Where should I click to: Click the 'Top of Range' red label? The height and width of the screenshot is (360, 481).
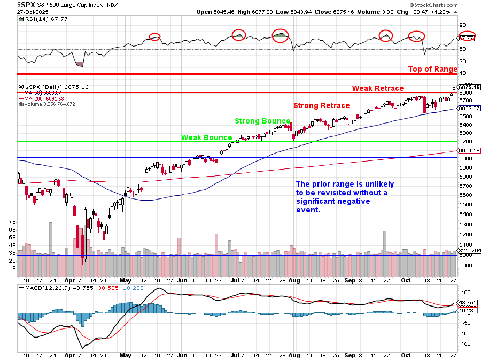point(432,69)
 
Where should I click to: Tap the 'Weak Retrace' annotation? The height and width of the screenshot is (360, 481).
point(377,88)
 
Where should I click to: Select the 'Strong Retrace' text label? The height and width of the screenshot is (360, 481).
point(321,105)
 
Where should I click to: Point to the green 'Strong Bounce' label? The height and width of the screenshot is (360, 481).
point(262,121)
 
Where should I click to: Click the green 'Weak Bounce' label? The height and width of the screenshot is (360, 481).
point(206,137)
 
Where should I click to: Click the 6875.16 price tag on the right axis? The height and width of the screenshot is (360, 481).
point(469,87)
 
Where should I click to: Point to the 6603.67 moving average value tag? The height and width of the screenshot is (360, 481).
point(469,109)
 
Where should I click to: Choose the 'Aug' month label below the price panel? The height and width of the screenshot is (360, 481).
point(294,280)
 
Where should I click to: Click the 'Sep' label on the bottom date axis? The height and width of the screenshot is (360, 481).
point(350,280)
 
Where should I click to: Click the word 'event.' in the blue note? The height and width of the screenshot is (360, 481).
point(308,210)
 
